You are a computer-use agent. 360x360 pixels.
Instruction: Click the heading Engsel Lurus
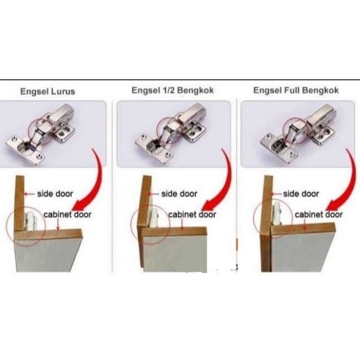[x=48, y=91]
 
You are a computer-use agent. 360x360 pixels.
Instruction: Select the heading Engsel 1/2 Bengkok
[x=173, y=90]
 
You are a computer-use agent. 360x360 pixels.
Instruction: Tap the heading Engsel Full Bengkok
[x=296, y=90]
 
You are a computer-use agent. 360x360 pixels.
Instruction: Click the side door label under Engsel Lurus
[x=55, y=194]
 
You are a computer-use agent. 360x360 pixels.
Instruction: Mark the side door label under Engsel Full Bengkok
[x=301, y=194]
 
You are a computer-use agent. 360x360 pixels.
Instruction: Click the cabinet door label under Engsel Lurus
[x=67, y=215]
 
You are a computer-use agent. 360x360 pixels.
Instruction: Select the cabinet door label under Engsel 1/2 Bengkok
[x=192, y=215]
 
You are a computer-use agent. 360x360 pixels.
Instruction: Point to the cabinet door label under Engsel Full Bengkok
[x=319, y=215]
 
